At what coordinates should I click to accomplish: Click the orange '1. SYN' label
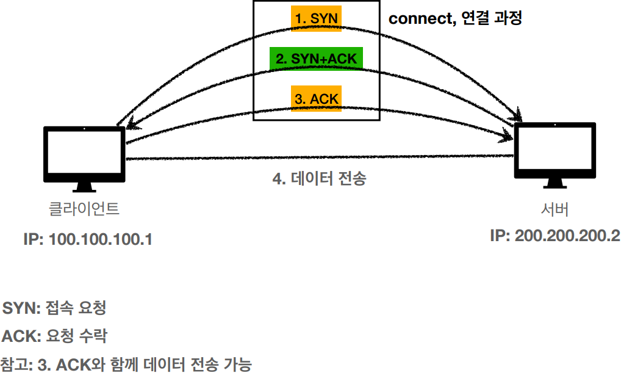(316, 19)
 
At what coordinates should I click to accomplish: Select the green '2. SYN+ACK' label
(316, 59)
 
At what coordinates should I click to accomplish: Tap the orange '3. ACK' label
(316, 98)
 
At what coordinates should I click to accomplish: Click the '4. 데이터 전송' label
(319, 179)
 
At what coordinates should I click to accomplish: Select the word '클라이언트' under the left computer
(84, 209)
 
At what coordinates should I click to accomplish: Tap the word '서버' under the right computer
(555, 209)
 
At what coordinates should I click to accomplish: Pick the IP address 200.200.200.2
(567, 236)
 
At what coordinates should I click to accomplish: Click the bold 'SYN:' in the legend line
(21, 308)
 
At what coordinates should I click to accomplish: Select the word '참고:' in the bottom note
(16, 365)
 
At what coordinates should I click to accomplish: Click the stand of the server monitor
(554, 183)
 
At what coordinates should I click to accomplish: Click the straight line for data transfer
(317, 158)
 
